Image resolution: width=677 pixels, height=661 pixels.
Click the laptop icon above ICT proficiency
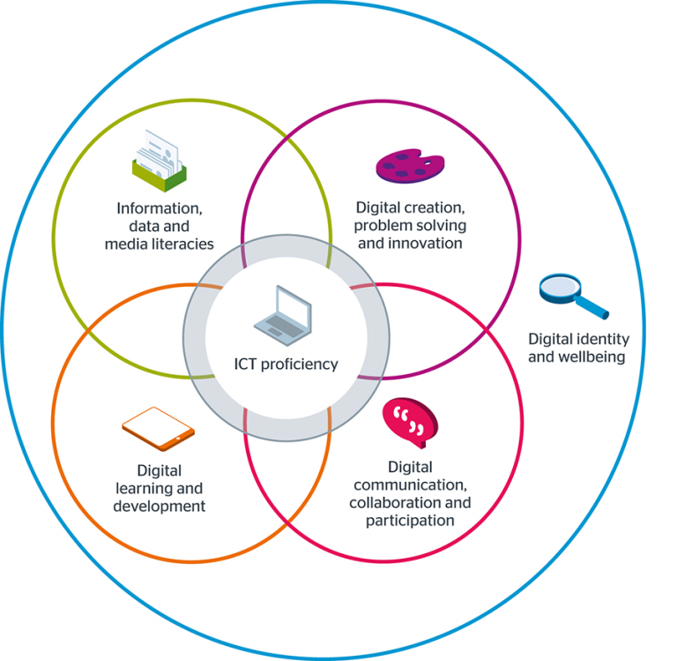tap(283, 315)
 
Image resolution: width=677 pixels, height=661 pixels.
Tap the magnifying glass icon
tap(572, 296)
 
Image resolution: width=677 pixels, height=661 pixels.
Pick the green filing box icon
tap(160, 158)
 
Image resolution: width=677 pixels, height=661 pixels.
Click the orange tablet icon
tap(158, 430)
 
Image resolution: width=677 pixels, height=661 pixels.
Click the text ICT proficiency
tap(286, 364)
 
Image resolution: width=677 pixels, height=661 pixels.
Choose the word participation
tap(410, 520)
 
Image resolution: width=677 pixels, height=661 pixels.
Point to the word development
tap(159, 506)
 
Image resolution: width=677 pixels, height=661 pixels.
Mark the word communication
tap(410, 485)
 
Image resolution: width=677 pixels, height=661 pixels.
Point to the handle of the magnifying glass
tap(595, 308)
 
